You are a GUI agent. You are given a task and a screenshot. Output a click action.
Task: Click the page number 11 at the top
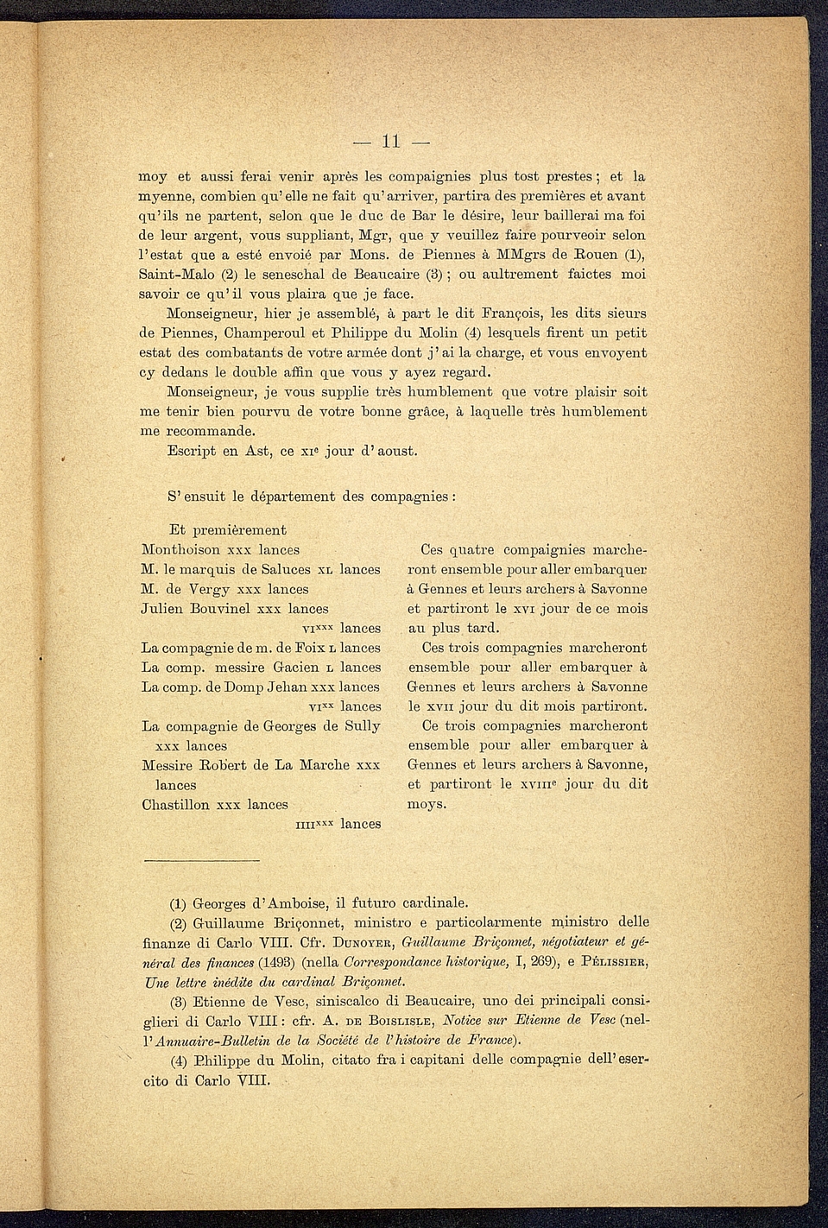coord(391,142)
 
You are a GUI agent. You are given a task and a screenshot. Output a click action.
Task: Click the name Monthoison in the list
coord(180,550)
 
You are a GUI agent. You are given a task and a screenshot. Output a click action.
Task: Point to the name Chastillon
coord(175,805)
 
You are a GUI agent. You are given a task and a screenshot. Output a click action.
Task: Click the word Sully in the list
coord(363,726)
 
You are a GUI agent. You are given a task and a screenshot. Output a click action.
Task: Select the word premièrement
coord(239,530)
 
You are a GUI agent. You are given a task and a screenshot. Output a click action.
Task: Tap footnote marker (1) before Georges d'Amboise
coord(179,905)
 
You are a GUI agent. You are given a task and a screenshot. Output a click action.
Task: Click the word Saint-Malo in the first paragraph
coord(170,275)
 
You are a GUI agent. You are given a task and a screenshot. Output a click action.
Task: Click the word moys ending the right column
coord(427,805)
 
